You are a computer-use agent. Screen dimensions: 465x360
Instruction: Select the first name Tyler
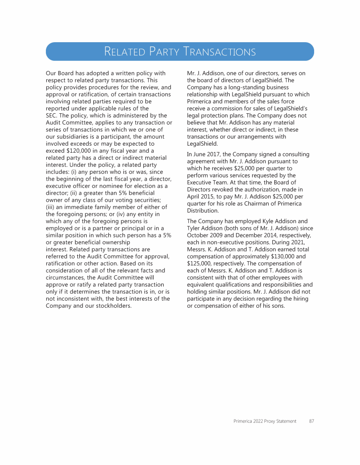[195, 228]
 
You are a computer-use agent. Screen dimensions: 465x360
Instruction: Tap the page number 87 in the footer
[311, 421]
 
